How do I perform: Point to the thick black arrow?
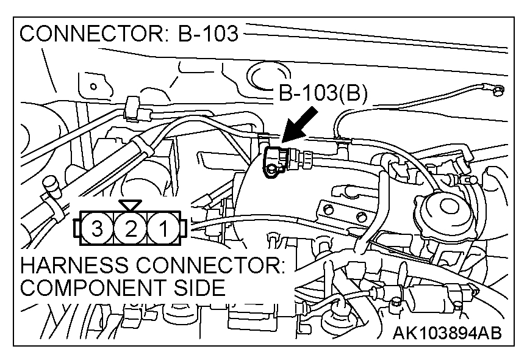click(300, 126)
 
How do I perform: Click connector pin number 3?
click(96, 229)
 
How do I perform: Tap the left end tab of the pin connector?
click(75, 229)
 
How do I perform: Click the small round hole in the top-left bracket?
click(93, 87)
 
